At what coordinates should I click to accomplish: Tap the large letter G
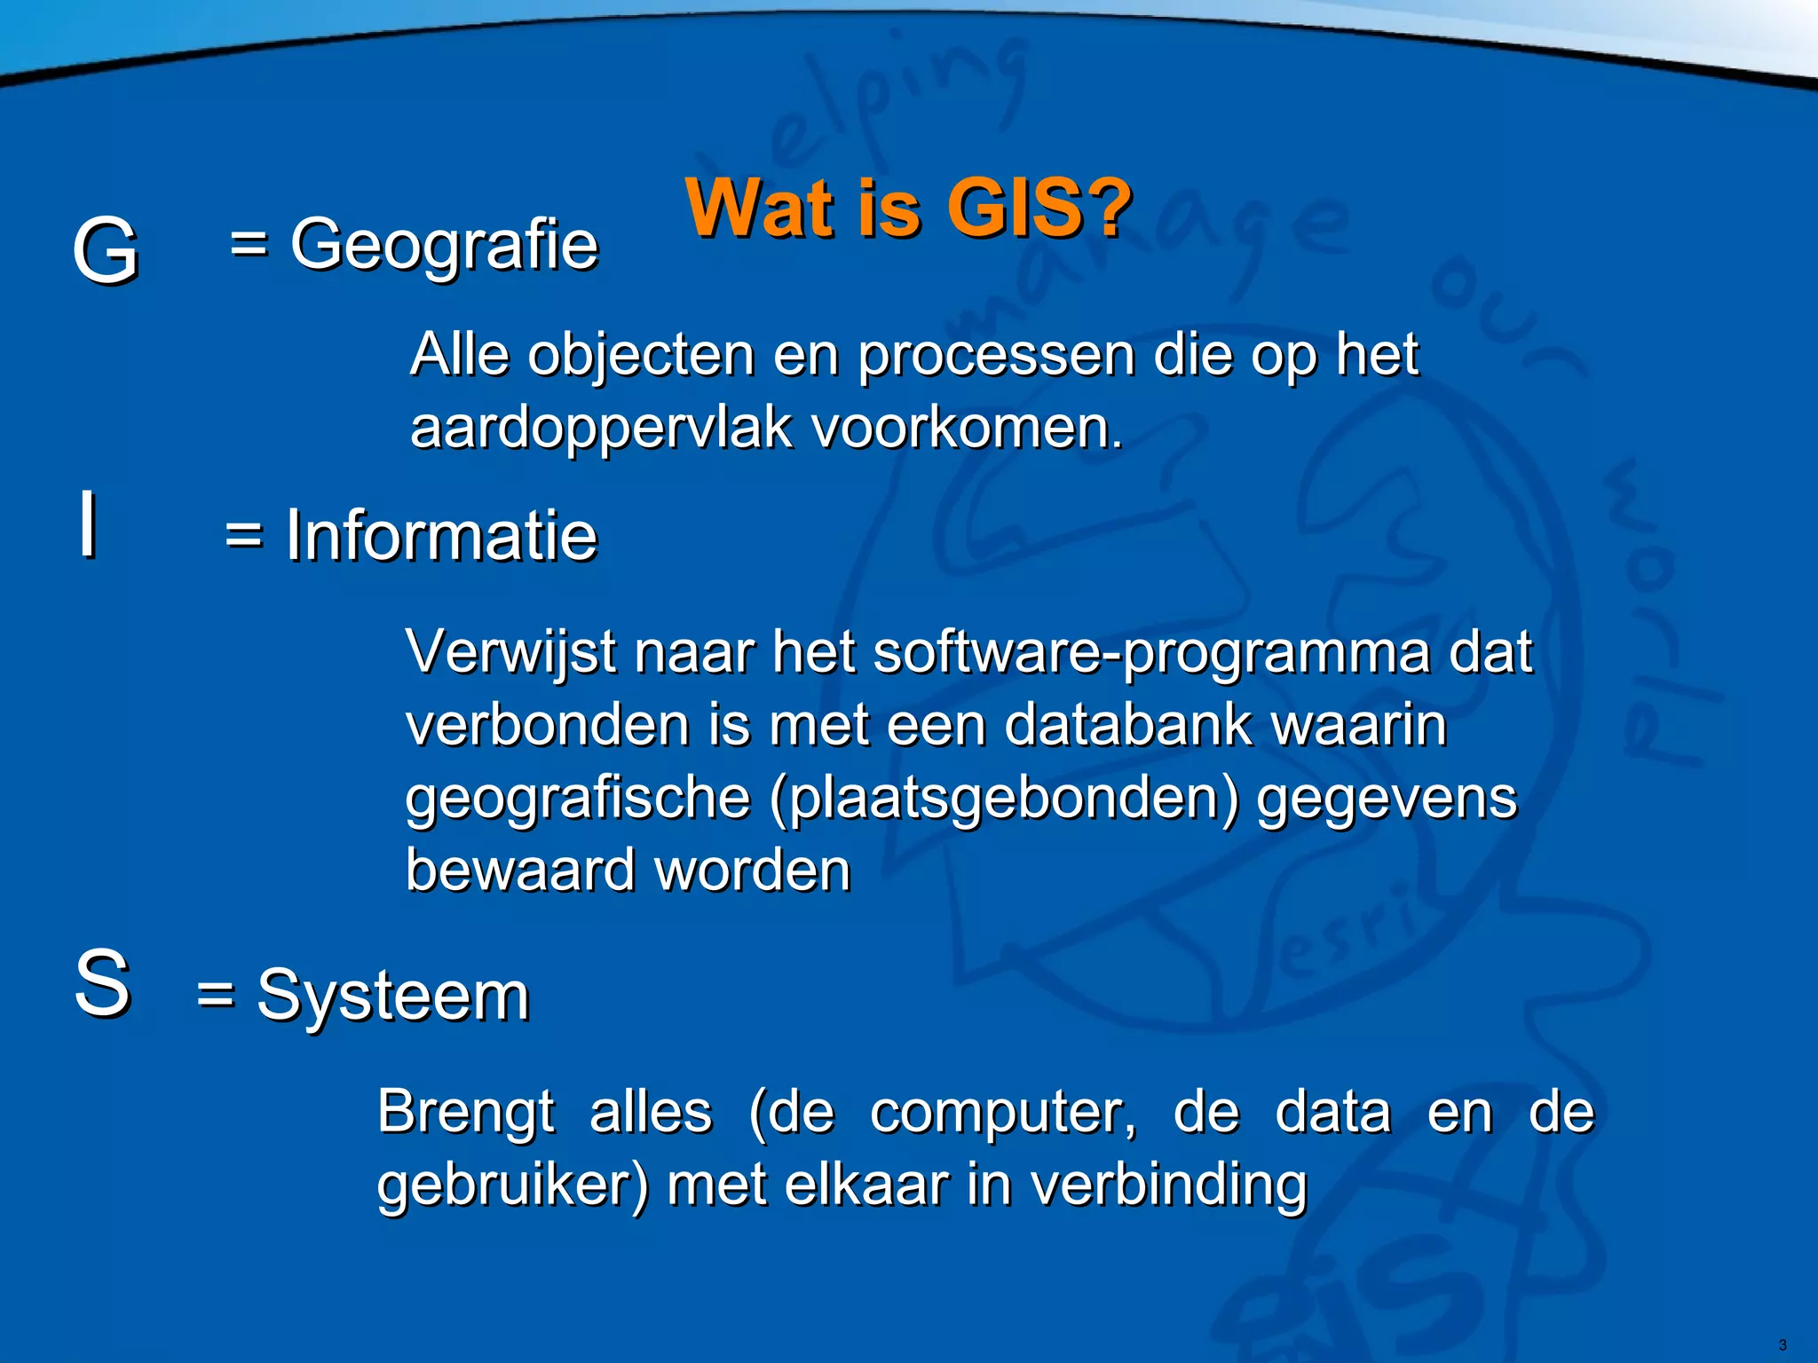[105, 251]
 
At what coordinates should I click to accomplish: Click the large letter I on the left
[87, 524]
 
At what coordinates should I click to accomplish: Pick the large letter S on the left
[102, 983]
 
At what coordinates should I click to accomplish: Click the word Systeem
[392, 996]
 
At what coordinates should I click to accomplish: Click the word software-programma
[1151, 653]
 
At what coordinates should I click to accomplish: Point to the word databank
[1127, 725]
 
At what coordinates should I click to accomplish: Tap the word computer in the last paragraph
[1001, 1112]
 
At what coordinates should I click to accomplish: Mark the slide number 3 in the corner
[1782, 1345]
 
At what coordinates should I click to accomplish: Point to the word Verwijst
[510, 653]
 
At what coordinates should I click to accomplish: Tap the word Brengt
[465, 1112]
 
